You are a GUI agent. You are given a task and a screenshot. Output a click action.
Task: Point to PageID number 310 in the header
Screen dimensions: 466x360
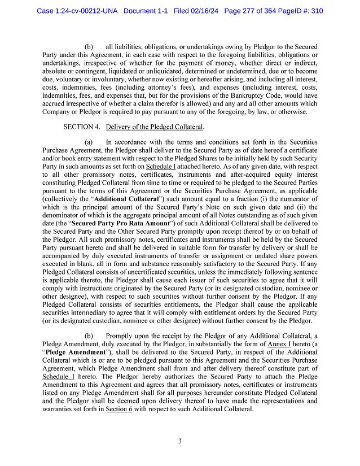[x=315, y=11]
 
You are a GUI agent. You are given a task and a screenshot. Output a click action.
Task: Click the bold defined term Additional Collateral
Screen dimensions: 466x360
[x=129, y=199]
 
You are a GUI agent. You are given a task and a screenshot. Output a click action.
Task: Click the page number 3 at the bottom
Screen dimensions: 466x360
[x=179, y=441]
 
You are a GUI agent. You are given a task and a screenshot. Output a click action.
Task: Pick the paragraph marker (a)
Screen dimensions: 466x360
[x=89, y=143]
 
